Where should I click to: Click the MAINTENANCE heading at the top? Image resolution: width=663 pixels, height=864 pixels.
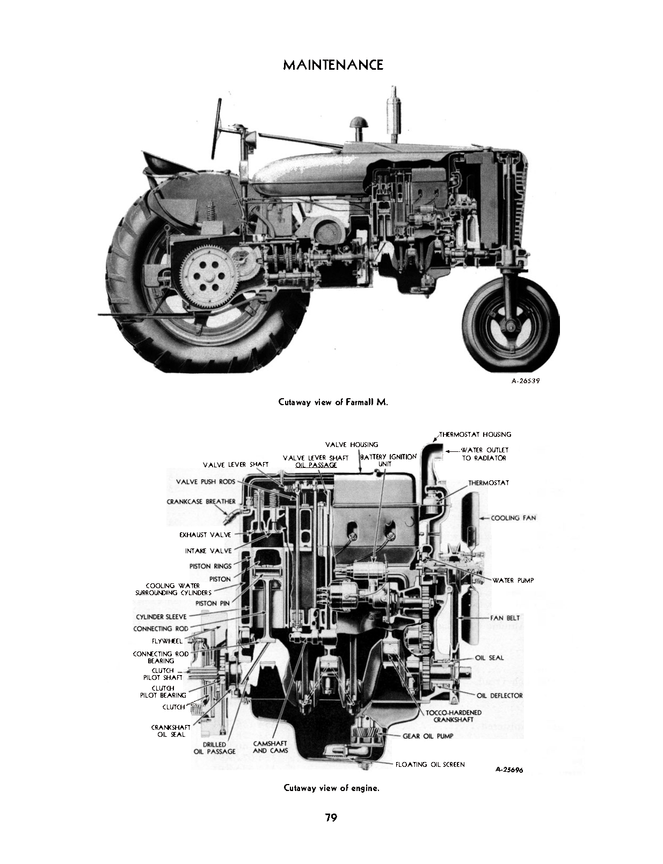[x=332, y=65]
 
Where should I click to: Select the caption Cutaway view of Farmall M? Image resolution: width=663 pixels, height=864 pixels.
[x=332, y=402]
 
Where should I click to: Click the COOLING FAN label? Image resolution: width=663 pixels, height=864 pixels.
[x=513, y=518]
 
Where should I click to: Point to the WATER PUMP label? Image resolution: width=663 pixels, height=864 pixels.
[x=513, y=580]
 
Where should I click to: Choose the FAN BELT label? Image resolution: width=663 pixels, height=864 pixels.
[x=505, y=618]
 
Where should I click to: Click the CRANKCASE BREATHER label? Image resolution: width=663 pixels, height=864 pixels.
[x=201, y=502]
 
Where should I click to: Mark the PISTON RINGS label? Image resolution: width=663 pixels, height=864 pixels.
[x=210, y=566]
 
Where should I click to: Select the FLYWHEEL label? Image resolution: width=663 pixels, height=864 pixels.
[x=167, y=641]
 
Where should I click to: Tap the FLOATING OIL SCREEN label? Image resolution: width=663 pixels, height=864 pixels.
[x=430, y=764]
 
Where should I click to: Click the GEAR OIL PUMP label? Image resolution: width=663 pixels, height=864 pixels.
[x=428, y=736]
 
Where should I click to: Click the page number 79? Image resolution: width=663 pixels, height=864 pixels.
[x=331, y=818]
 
